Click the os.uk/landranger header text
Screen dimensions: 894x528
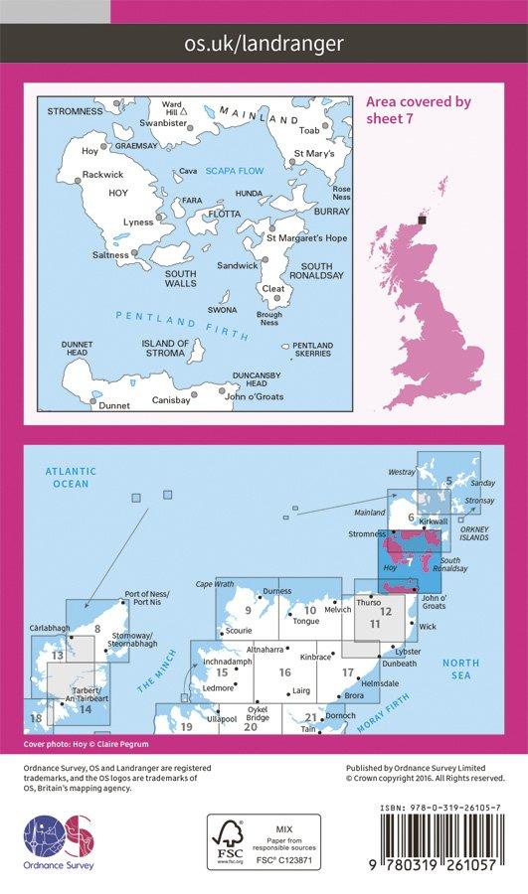click(x=264, y=43)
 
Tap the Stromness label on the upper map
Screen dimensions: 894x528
click(x=75, y=111)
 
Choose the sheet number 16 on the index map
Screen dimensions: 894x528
click(x=284, y=672)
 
